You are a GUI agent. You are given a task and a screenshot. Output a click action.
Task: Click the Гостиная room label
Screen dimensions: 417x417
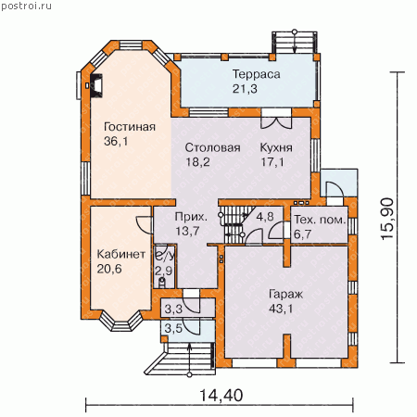(130, 127)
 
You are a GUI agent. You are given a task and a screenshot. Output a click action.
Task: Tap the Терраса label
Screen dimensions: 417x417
(256, 74)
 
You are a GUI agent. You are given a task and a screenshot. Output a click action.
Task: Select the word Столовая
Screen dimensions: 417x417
(212, 147)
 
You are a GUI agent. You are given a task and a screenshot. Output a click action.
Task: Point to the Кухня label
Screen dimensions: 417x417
(276, 147)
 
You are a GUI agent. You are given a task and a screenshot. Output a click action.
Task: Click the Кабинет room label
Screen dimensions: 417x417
(121, 254)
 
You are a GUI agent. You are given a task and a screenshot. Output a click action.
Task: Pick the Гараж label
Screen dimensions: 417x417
(285, 295)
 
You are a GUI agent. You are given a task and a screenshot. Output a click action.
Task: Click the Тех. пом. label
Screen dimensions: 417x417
(320, 220)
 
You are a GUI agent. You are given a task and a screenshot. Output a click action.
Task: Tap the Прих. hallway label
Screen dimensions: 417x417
(191, 217)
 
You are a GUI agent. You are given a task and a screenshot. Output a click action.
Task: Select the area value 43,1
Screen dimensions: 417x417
(281, 309)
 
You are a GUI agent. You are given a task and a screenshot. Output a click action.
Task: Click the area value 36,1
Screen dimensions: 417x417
(116, 142)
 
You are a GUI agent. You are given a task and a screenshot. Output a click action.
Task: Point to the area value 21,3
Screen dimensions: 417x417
(245, 89)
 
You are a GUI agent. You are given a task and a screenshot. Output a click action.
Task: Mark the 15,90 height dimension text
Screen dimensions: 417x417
(387, 219)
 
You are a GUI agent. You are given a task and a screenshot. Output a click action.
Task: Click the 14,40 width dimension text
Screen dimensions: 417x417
(221, 396)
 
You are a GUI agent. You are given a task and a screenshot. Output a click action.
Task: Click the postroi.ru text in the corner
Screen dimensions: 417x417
(26, 6)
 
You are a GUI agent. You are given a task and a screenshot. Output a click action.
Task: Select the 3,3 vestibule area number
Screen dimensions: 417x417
(173, 309)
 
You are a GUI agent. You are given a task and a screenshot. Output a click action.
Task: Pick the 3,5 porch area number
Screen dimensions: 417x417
(173, 328)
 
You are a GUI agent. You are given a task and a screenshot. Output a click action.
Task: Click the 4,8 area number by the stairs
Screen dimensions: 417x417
(265, 217)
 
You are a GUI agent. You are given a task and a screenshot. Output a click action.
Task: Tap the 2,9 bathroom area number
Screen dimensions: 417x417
(163, 271)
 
